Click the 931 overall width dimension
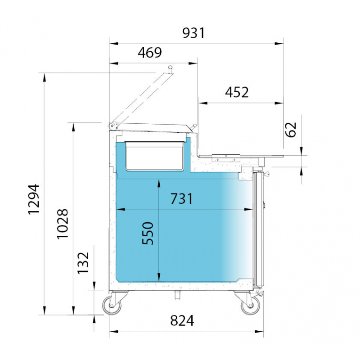(193, 33)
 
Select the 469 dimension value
(150, 53)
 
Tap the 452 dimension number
(237, 93)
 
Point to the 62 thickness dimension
(291, 130)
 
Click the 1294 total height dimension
(34, 199)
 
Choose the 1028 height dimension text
(63, 224)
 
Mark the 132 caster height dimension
(83, 263)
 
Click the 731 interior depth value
(182, 198)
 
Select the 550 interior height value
(148, 233)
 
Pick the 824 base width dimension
(182, 320)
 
